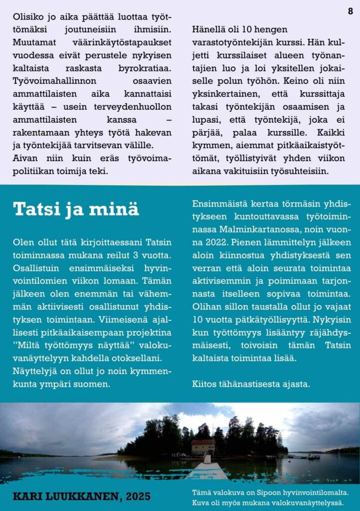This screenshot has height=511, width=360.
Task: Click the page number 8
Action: tap(351, 11)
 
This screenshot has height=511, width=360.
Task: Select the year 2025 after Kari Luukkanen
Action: tap(138, 497)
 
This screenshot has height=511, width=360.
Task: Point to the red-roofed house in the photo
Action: tap(203, 446)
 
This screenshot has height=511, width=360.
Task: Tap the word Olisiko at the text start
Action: tap(28, 16)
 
